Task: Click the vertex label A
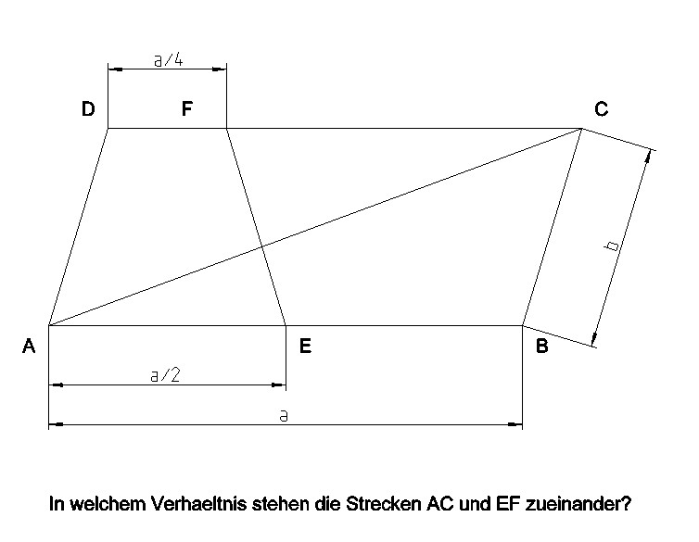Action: tap(29, 346)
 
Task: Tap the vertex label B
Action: tap(542, 346)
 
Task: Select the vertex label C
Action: tap(602, 108)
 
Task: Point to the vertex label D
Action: tap(88, 108)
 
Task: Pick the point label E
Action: tap(305, 346)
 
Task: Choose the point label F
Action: tap(187, 108)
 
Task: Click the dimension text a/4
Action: tap(168, 59)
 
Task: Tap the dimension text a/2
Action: tap(165, 375)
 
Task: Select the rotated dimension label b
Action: tap(613, 246)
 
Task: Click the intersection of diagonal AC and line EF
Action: tap(261, 246)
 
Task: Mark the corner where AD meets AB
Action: tap(48, 325)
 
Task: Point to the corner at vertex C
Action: tap(581, 128)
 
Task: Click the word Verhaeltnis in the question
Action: tap(198, 504)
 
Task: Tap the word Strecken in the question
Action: tap(384, 504)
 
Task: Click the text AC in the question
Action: tap(440, 504)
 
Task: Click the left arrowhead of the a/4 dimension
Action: tap(115, 69)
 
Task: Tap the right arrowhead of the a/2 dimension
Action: tap(279, 384)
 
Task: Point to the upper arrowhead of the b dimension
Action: tap(649, 156)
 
